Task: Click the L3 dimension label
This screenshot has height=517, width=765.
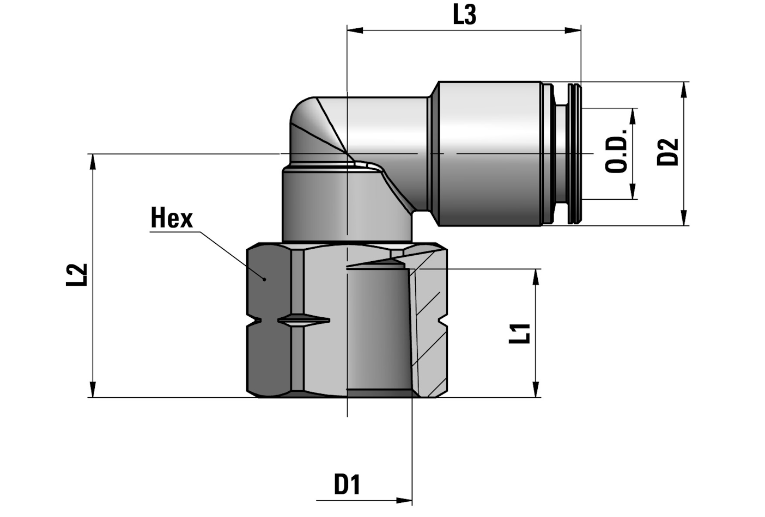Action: pos(464,15)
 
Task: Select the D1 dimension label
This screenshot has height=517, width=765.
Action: pos(347,484)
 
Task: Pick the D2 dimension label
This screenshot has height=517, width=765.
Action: pos(668,152)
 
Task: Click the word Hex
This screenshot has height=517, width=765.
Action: pos(172,218)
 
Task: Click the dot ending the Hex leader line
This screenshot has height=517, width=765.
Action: pos(265,279)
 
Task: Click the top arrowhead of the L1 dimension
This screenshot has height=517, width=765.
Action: pos(536,276)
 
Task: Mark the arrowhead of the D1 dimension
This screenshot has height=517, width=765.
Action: pos(404,500)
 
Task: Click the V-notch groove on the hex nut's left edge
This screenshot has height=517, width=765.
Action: pos(252,321)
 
